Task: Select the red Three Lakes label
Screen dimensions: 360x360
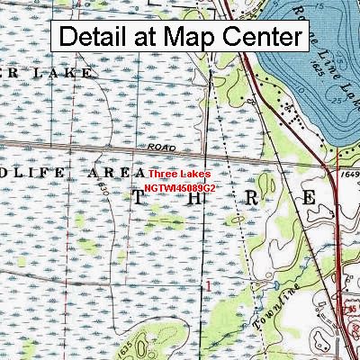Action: click(x=180, y=174)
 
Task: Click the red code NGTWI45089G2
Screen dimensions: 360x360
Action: click(x=179, y=187)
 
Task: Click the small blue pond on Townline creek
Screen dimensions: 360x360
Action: click(x=263, y=287)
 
